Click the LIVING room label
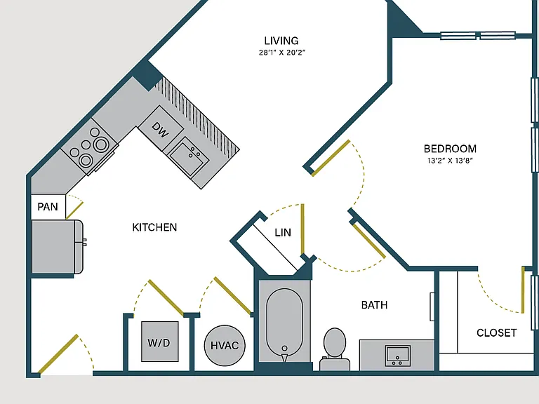coord(281,41)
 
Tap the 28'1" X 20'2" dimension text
coord(282,53)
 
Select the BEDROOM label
coord(450,149)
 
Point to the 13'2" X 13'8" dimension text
coord(450,161)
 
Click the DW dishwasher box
coord(161,129)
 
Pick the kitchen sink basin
coord(189,156)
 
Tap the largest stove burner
coord(101,144)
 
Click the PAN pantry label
coord(48,207)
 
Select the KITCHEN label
coord(154,227)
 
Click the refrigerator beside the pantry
coord(57,247)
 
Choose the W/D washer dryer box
coord(160,342)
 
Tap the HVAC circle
coord(225,345)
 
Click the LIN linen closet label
coord(283,233)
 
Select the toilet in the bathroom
coord(335,349)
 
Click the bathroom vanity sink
coord(398,356)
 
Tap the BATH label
coord(374,304)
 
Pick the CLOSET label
coord(497,332)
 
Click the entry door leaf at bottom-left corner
coord(58,354)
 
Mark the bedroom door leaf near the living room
coord(331,158)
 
